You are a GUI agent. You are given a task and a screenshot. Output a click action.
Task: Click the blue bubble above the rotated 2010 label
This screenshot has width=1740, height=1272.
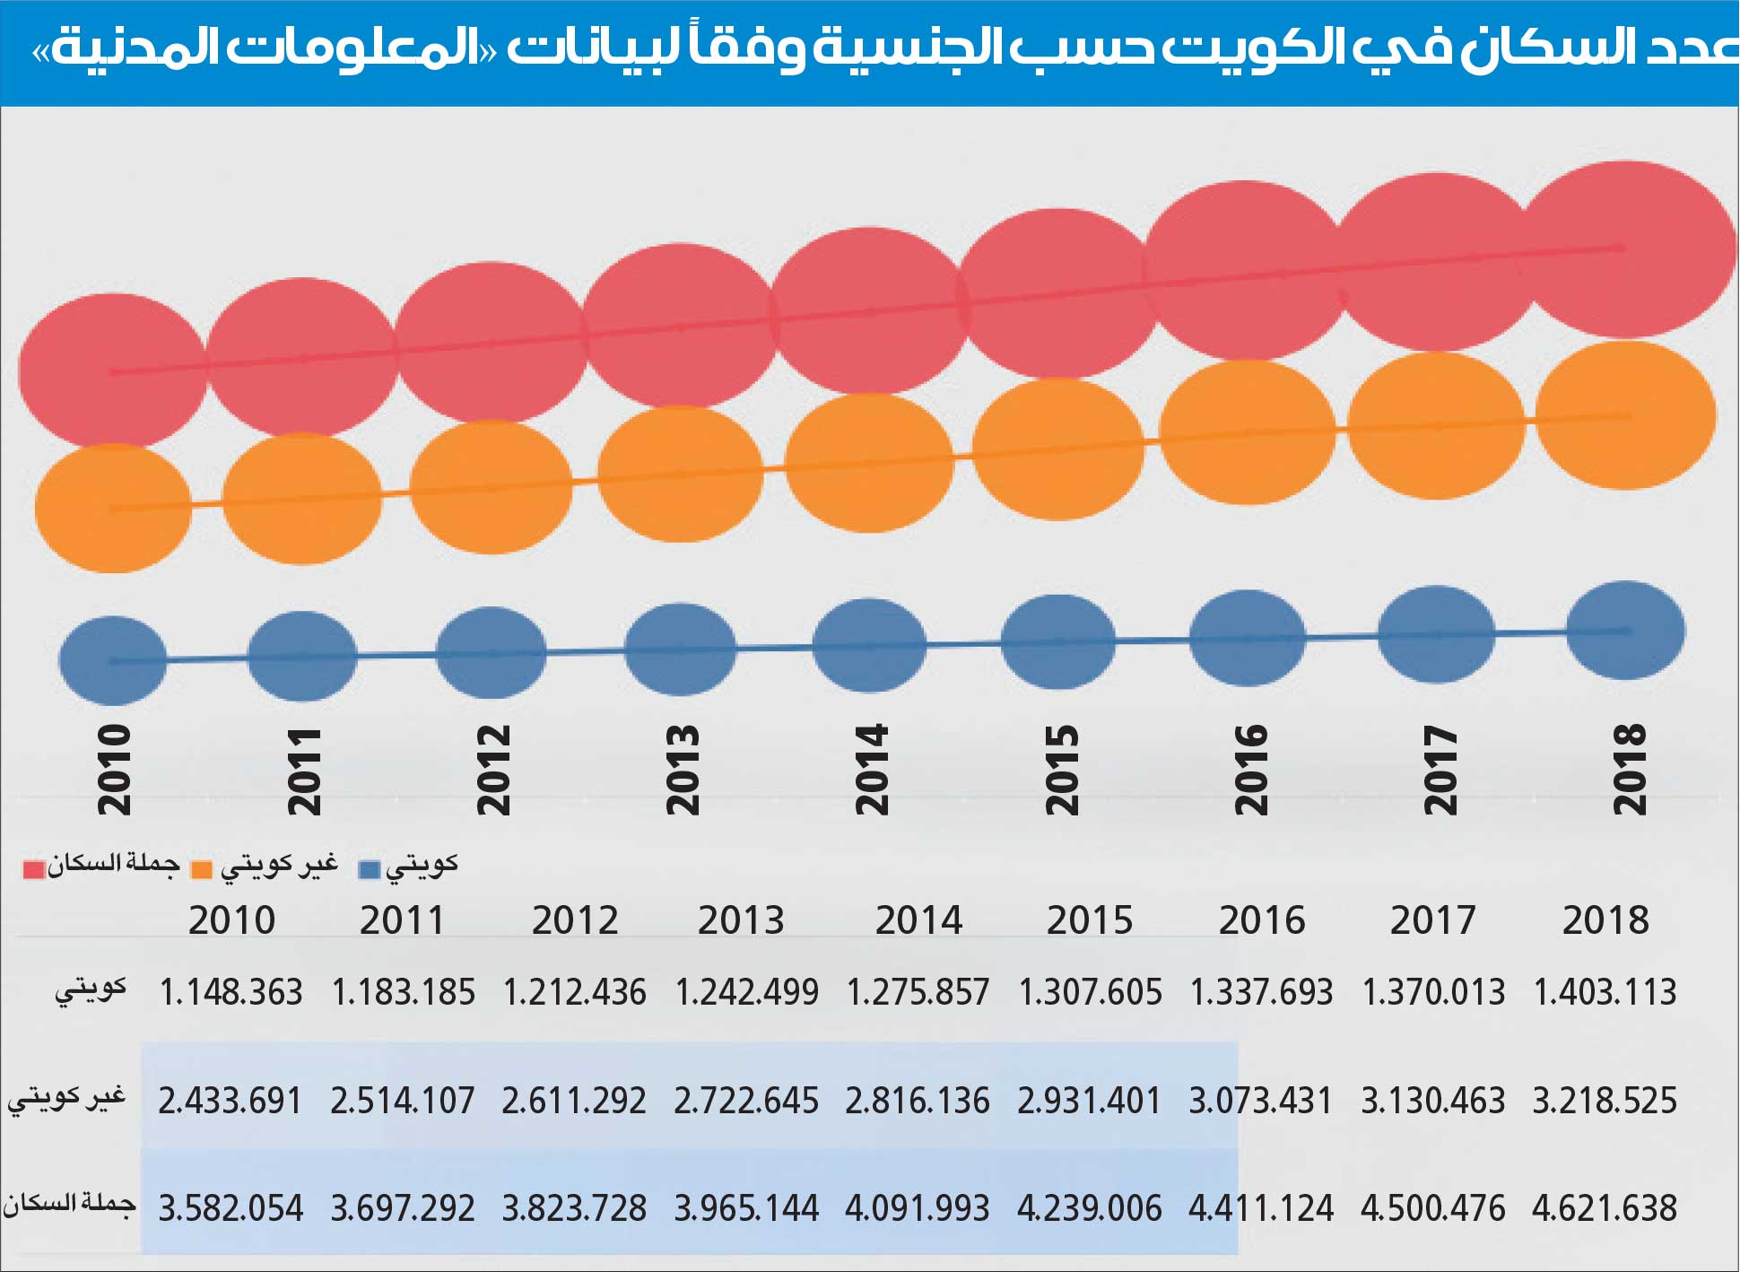[113, 660]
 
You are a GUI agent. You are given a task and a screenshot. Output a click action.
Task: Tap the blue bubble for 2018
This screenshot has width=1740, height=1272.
[1625, 631]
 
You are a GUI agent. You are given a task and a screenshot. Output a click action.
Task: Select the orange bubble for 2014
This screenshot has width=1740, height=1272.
[868, 463]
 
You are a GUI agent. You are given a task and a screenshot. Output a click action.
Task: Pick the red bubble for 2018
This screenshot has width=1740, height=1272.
[1625, 249]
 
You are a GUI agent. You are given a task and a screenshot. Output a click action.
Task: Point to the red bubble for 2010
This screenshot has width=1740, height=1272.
[113, 370]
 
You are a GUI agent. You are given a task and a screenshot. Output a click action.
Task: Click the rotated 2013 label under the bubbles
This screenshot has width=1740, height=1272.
[682, 770]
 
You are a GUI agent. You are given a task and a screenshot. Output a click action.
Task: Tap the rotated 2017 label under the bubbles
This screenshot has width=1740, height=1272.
[1440, 770]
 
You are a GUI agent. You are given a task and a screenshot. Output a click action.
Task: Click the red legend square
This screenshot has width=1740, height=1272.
[34, 869]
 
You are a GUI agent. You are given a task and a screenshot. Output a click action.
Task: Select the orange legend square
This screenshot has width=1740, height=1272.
[202, 869]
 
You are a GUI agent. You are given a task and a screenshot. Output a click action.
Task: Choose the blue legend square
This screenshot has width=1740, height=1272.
[369, 869]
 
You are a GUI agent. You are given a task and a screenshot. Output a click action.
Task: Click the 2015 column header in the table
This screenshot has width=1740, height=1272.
[1090, 920]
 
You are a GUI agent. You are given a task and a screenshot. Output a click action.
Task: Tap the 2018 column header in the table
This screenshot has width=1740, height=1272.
[1605, 920]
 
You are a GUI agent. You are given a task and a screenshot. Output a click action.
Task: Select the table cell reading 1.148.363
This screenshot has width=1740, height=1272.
[231, 992]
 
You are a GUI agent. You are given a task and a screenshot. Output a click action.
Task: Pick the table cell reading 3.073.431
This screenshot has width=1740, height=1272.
[1261, 1101]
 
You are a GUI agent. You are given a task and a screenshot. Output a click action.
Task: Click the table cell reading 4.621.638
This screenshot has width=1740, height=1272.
[1605, 1208]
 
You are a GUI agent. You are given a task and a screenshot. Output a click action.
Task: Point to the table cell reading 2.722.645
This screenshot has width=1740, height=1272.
[746, 1101]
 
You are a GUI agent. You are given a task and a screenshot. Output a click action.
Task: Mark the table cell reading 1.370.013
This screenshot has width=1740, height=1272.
[1433, 992]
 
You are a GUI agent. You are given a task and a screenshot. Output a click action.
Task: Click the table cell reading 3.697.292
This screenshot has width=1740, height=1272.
[403, 1208]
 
